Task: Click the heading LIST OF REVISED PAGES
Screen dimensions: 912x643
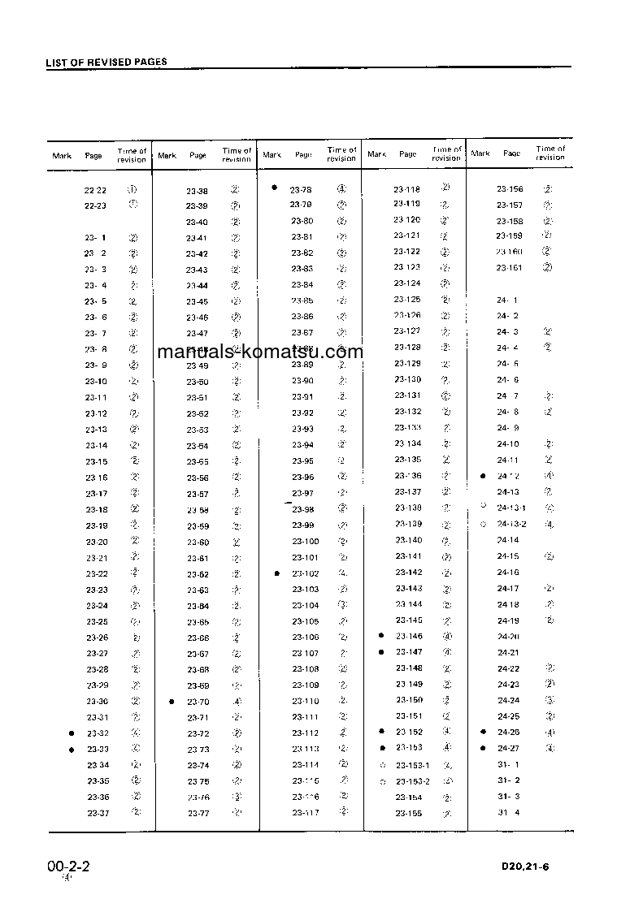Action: click(x=106, y=62)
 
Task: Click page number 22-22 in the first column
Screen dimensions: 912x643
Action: click(x=95, y=189)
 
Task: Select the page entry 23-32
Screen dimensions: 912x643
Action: click(x=98, y=733)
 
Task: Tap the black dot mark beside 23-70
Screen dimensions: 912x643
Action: click(x=172, y=702)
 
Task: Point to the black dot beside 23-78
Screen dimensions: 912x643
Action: click(x=275, y=188)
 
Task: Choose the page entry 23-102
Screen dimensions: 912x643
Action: click(x=305, y=573)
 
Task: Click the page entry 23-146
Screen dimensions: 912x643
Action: click(x=409, y=637)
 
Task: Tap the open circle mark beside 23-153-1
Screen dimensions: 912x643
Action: click(x=382, y=765)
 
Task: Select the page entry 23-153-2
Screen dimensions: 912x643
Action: click(x=413, y=781)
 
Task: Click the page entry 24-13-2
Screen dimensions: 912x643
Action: click(x=512, y=525)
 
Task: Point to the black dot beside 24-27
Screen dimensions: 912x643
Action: click(x=483, y=749)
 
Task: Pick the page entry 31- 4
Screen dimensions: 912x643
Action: click(x=508, y=813)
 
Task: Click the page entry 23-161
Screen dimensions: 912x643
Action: click(x=510, y=268)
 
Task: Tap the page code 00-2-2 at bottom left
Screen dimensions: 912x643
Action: click(x=68, y=867)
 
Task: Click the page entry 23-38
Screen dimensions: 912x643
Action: click(x=197, y=190)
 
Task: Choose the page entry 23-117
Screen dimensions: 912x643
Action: click(x=306, y=813)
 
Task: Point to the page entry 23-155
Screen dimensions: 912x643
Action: click(x=409, y=813)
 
